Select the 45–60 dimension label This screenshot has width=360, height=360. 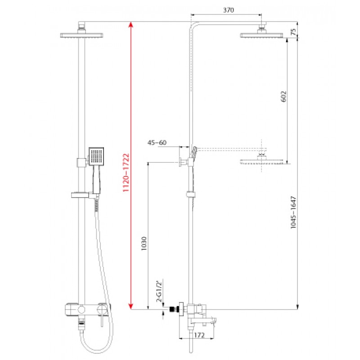tap(157, 143)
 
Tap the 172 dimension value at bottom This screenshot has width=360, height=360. tap(200, 335)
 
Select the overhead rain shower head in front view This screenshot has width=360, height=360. tap(82, 36)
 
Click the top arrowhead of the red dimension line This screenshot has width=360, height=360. tap(130, 24)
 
